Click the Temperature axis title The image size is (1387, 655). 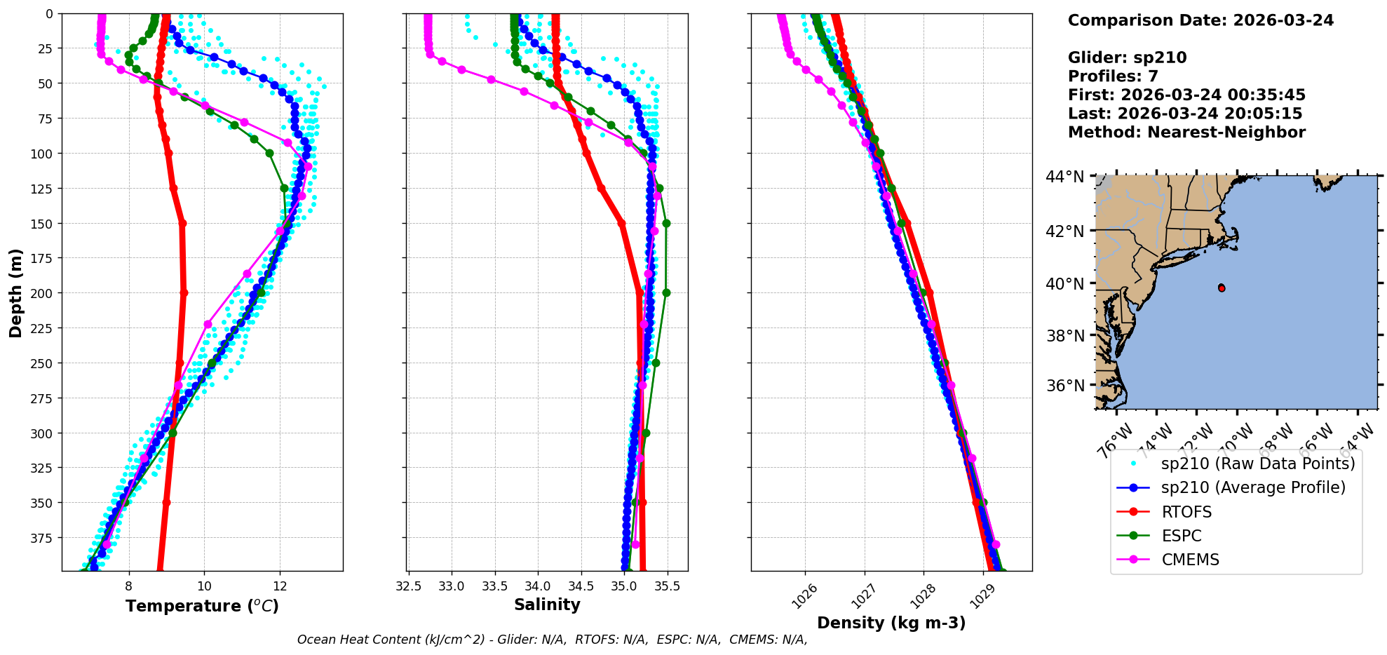pos(202,606)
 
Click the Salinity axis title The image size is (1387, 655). pos(547,605)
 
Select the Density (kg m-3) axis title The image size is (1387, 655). pos(891,623)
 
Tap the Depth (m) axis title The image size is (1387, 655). pos(15,292)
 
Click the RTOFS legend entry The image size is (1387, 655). pos(1186,512)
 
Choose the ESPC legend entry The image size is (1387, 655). pos(1181,536)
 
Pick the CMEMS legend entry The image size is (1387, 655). pos(1190,560)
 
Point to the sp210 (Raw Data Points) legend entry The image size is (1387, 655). pos(1258,464)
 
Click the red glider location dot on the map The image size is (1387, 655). pos(1222,288)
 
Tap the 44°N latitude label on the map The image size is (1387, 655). pos(1065,177)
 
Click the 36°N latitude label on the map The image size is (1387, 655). pos(1065,386)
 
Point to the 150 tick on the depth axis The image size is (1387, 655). pos(44,224)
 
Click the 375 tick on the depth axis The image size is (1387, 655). pos(44,538)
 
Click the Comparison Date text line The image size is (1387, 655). pos(1200,20)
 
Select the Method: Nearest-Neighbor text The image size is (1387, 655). pos(1186,133)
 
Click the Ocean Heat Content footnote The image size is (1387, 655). pos(552,640)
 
